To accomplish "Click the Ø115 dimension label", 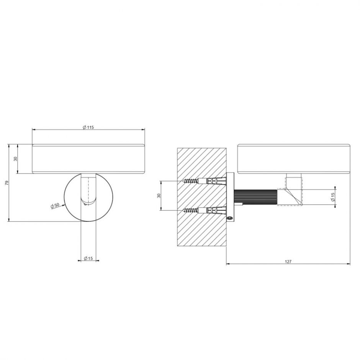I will tap(88, 128).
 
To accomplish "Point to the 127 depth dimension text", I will tap(288, 262).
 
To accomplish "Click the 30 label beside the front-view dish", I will tap(16, 159).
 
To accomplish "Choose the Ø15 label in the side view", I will tap(333, 198).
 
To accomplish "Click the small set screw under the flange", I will tap(230, 218).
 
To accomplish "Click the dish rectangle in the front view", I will tap(88, 159).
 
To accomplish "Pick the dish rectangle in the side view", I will tap(294, 159).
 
